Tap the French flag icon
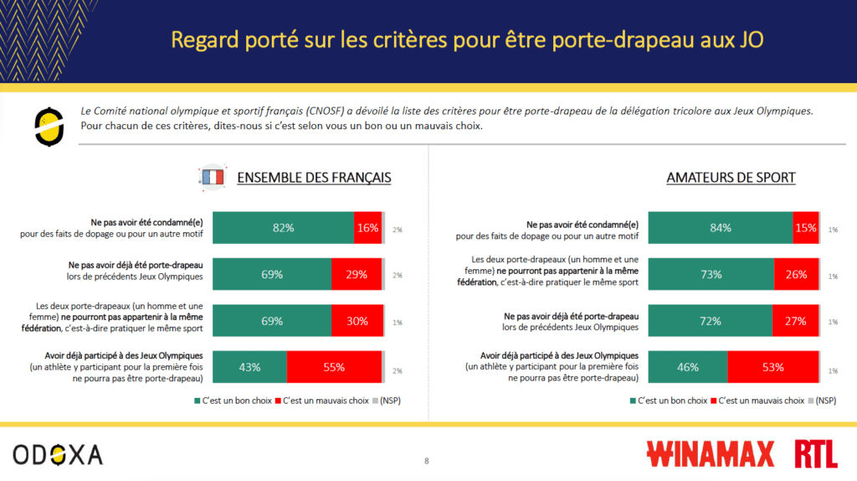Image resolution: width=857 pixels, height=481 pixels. pyautogui.click(x=212, y=177)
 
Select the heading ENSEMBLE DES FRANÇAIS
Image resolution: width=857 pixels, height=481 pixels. pyautogui.click(x=314, y=178)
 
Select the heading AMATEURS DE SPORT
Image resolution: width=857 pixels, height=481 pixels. pyautogui.click(x=731, y=178)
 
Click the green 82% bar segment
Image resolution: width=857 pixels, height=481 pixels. pyautogui.click(x=283, y=228)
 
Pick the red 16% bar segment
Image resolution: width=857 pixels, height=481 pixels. pyautogui.click(x=367, y=228)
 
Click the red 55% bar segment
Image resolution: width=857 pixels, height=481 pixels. pyautogui.click(x=334, y=366)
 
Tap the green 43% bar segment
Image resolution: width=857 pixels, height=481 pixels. pyautogui.click(x=249, y=366)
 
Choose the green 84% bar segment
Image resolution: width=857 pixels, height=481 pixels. pyautogui.click(x=721, y=228)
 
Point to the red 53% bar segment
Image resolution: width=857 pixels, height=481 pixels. pyautogui.click(x=772, y=366)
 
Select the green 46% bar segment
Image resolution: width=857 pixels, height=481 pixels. pyautogui.click(x=687, y=366)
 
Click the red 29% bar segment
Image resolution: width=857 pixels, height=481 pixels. pyautogui.click(x=356, y=274)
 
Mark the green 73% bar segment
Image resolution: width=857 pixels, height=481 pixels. pyautogui.click(x=711, y=274)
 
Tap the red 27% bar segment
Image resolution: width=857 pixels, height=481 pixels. pyautogui.click(x=795, y=320)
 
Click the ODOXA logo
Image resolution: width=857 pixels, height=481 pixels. pyautogui.click(x=58, y=454)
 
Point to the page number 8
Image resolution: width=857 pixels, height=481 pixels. pyautogui.click(x=427, y=461)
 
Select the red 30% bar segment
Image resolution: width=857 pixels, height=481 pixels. pyautogui.click(x=357, y=320)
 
